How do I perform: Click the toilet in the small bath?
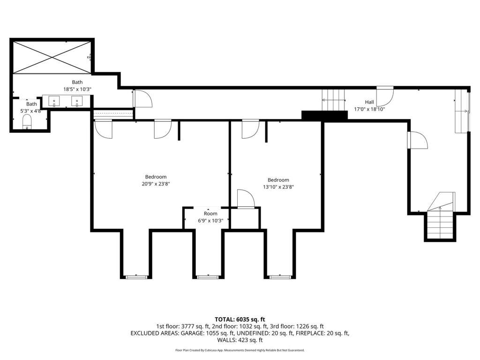pyautogui.click(x=27, y=122)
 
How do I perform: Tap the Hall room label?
pyautogui.click(x=369, y=102)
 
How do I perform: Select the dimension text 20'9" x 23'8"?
pyautogui.click(x=156, y=184)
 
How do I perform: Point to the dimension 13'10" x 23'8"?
pyautogui.click(x=278, y=187)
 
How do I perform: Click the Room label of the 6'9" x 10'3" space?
pyautogui.click(x=210, y=213)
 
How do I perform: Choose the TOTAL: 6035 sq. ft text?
pyautogui.click(x=240, y=320)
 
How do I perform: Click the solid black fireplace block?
pyautogui.click(x=324, y=115)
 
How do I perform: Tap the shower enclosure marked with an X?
pyautogui.click(x=52, y=57)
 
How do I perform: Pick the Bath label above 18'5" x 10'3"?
pyautogui.click(x=77, y=82)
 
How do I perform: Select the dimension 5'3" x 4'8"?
pyautogui.click(x=30, y=111)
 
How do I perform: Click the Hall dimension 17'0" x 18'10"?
pyautogui.click(x=369, y=109)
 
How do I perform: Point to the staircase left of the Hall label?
pyautogui.click(x=333, y=100)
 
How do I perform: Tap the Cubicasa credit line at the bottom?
pyautogui.click(x=240, y=350)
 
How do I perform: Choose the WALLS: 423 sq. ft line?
pyautogui.click(x=240, y=340)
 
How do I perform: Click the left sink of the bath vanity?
pyautogui.click(x=54, y=101)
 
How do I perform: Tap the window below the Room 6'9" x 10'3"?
pyautogui.click(x=208, y=277)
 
